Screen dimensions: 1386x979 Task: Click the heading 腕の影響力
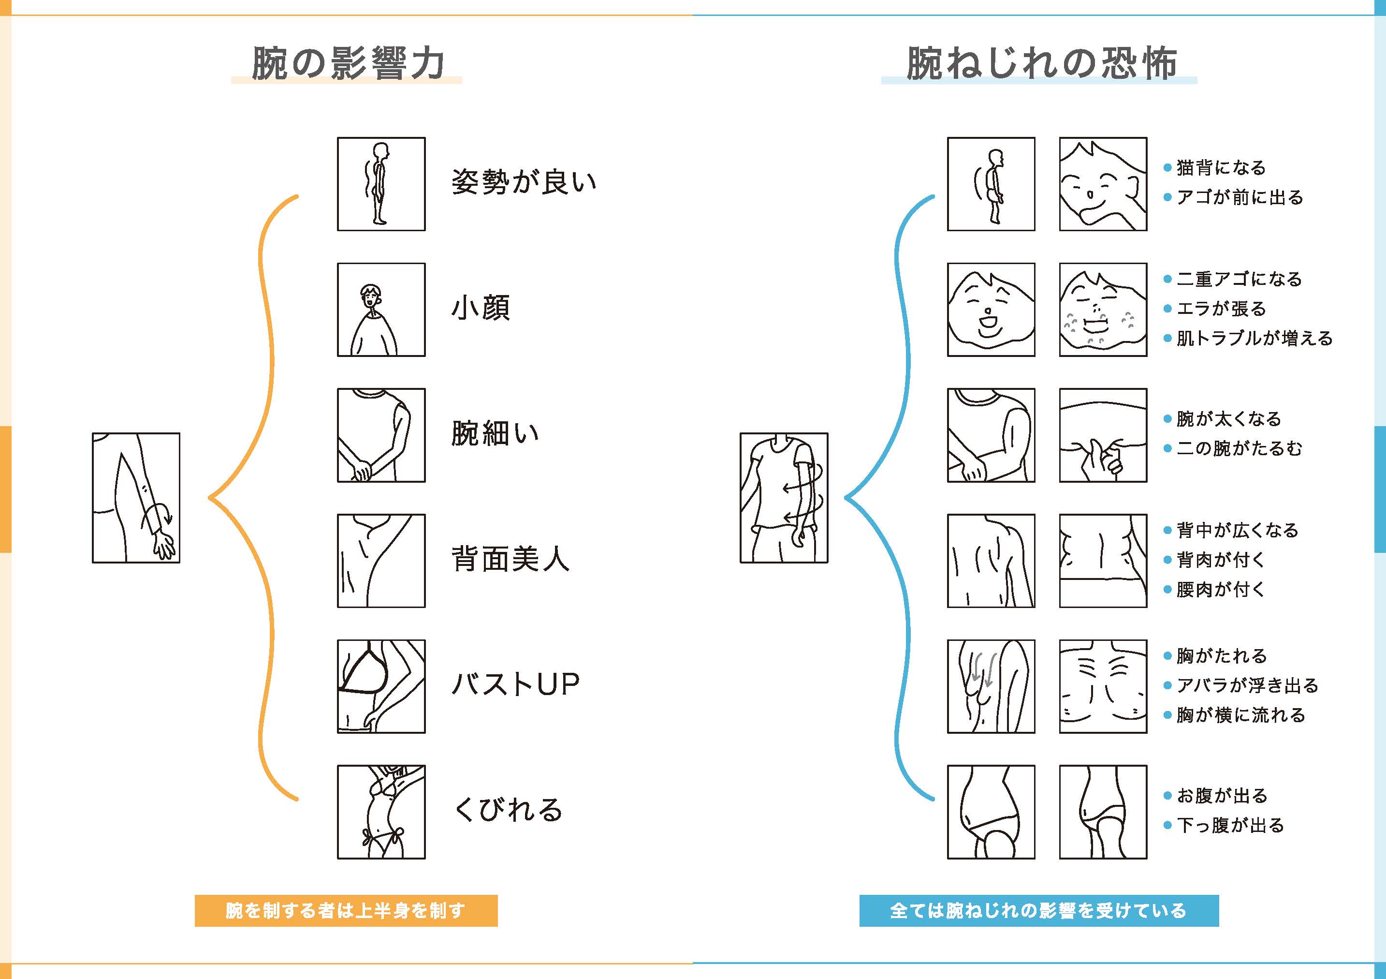(x=348, y=63)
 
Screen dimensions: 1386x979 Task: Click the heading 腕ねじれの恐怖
(x=1041, y=63)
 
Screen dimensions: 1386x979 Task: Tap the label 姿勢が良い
(x=524, y=182)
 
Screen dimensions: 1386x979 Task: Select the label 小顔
(x=481, y=308)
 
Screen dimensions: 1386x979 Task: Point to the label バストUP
(x=515, y=684)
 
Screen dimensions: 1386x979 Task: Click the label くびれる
(x=508, y=810)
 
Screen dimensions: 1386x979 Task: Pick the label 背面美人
(x=510, y=559)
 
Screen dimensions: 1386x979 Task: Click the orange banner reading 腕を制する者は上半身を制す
(x=346, y=911)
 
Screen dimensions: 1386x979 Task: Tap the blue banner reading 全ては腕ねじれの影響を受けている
(x=1039, y=911)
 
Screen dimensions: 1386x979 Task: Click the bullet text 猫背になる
(x=1221, y=168)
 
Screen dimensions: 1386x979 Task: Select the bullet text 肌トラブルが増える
(x=1255, y=338)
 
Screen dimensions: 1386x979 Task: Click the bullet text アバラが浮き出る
(x=1247, y=685)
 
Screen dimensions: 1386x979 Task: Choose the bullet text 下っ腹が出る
(x=1230, y=826)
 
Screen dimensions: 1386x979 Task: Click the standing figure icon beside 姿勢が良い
(x=381, y=184)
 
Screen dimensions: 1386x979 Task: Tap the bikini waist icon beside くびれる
(x=381, y=812)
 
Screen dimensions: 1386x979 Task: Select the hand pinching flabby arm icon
(x=1103, y=435)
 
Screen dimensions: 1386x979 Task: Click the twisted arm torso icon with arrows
(x=784, y=498)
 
